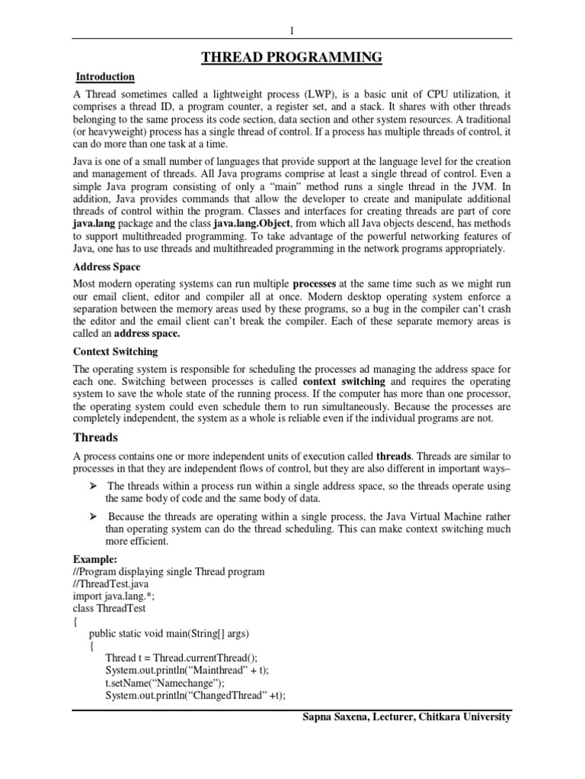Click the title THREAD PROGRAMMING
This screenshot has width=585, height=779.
pos(292,57)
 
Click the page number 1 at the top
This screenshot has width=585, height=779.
pos(292,30)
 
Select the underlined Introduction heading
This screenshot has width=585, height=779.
pos(105,77)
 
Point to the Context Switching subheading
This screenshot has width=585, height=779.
pos(115,351)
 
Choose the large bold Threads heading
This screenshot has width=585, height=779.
pos(95,437)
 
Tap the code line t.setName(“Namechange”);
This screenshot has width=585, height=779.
pos(165,682)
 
